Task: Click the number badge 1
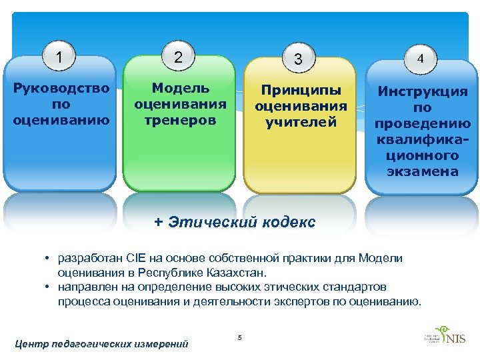pos(61,58)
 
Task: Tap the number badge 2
pos(177,57)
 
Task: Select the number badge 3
pos(299,59)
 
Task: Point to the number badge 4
pos(420,59)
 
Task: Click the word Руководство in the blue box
pos(61,89)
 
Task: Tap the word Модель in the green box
pos(181,88)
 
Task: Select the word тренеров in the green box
pos(180,121)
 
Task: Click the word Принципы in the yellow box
pos(301,90)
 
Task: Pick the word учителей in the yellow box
pos(301,122)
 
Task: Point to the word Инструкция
pos(423,92)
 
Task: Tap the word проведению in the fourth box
pos(423,124)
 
